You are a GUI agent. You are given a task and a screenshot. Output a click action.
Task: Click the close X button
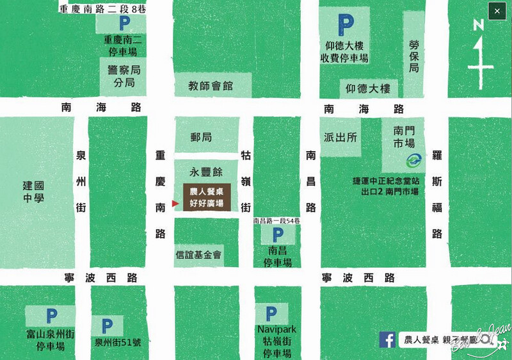click(x=497, y=11)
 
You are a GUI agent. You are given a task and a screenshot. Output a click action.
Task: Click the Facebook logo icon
click(x=387, y=340)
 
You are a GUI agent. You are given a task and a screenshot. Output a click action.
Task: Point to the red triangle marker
click(x=175, y=203)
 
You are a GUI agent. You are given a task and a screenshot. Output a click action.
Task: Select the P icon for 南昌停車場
click(x=277, y=235)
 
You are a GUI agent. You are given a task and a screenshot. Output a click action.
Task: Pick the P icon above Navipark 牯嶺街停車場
click(x=271, y=314)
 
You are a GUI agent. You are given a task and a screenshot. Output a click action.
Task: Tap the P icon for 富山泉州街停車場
click(x=51, y=316)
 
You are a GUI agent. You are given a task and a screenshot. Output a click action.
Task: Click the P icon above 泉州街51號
click(x=107, y=325)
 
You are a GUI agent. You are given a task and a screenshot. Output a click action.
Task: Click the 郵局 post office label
click(x=201, y=137)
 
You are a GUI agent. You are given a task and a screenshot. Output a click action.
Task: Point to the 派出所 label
click(x=340, y=137)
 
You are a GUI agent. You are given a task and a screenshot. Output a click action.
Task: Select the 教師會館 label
click(x=210, y=85)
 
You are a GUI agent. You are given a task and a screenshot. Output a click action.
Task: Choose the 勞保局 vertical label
click(x=414, y=56)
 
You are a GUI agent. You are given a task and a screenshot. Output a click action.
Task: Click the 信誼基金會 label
click(x=198, y=255)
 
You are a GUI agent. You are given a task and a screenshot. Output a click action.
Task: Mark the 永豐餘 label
click(x=205, y=172)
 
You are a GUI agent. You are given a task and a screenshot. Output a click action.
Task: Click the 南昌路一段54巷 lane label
click(x=276, y=221)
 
